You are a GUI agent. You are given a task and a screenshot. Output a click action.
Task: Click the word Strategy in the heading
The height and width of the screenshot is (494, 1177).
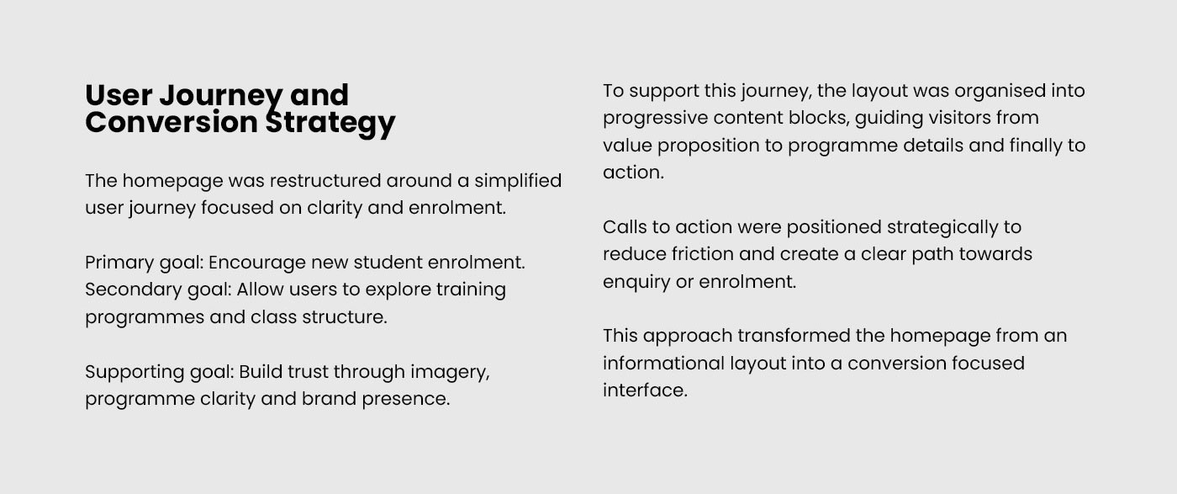tap(330, 124)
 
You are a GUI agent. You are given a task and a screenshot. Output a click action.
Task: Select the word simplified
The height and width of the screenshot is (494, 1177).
tap(518, 182)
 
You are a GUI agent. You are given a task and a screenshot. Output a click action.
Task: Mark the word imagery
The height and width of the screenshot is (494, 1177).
tap(450, 373)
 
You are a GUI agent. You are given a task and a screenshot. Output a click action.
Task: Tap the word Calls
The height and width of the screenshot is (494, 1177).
tap(625, 227)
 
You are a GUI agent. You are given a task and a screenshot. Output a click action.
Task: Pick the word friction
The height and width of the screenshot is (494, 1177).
tap(703, 254)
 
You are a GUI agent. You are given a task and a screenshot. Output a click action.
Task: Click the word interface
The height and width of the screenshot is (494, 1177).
tap(646, 390)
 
